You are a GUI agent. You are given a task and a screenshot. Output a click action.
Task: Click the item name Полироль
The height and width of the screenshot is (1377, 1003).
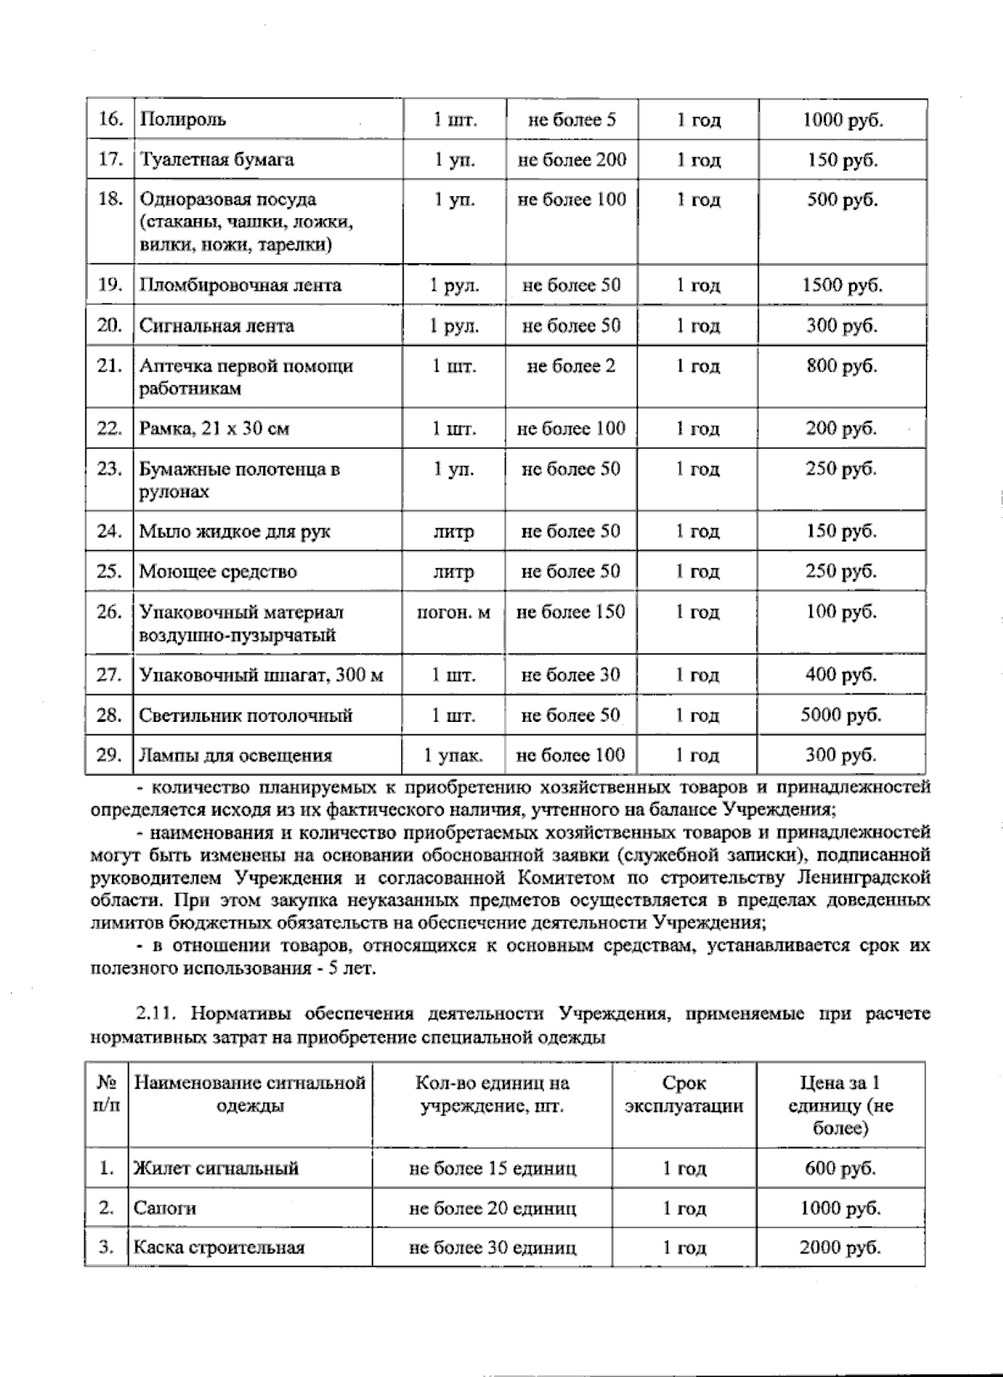click(x=182, y=119)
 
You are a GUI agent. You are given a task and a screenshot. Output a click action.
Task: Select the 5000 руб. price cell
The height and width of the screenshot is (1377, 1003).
click(x=841, y=715)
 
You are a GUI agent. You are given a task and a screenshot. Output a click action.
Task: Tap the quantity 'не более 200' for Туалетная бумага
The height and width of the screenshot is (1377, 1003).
click(x=572, y=160)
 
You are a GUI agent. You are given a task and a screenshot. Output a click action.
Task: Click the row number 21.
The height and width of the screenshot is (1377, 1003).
click(x=109, y=366)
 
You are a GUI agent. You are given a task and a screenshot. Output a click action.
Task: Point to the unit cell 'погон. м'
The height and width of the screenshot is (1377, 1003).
click(x=454, y=612)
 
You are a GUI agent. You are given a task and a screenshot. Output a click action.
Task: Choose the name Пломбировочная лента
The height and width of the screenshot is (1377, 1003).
click(x=240, y=285)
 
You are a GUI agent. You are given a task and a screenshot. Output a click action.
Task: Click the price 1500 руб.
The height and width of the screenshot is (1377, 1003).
click(x=842, y=285)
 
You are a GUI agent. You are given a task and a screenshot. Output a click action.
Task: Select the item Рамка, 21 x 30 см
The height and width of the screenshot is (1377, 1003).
click(x=214, y=429)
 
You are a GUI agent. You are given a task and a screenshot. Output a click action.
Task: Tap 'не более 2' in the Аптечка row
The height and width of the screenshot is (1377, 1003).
click(x=571, y=366)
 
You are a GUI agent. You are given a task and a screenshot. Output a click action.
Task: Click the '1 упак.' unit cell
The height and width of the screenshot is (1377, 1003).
click(x=454, y=755)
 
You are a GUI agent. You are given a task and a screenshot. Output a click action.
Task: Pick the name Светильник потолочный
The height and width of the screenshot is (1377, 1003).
click(x=246, y=715)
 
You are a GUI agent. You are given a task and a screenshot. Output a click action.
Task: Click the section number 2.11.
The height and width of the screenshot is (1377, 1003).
click(x=154, y=1014)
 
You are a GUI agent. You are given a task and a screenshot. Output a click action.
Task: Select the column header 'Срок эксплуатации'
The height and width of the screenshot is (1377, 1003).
click(x=684, y=1095)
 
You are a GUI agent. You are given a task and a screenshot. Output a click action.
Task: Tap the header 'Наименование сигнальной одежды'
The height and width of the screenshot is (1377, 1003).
click(x=250, y=1095)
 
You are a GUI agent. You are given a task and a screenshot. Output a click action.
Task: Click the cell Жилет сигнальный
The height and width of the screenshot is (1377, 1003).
click(x=216, y=1168)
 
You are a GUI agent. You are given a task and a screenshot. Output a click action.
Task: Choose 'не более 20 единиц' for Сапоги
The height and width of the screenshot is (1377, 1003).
click(x=492, y=1208)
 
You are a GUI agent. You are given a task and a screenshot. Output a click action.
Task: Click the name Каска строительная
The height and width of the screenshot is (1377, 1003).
click(x=219, y=1247)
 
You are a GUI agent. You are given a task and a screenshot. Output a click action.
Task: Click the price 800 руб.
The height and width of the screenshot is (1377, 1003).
click(x=841, y=366)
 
